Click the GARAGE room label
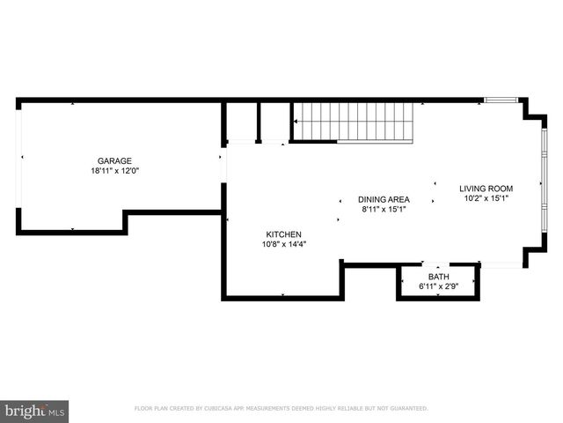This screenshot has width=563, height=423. click(x=114, y=160)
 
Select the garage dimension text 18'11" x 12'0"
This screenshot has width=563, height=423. click(x=114, y=171)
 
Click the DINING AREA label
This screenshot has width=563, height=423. click(x=384, y=199)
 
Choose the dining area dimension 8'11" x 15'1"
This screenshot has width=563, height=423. click(x=384, y=210)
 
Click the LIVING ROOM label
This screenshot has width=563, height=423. click(x=486, y=189)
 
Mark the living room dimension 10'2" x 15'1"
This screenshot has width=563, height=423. click(x=486, y=199)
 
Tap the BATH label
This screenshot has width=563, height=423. click(x=438, y=277)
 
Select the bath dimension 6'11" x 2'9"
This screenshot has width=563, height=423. click(x=438, y=287)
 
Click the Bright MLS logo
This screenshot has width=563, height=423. click(x=35, y=410)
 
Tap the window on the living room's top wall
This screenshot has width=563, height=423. click(x=501, y=100)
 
